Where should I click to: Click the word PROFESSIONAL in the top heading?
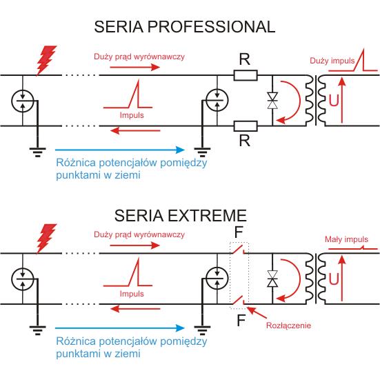tap(211, 27)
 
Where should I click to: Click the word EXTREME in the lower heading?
tap(207, 215)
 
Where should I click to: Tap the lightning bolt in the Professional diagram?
tap(46, 60)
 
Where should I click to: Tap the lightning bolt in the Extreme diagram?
tap(46, 239)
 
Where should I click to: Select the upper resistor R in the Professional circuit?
tap(246, 75)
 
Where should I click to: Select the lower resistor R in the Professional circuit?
tap(246, 126)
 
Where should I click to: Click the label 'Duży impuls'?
tap(332, 61)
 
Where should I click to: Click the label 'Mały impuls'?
tap(346, 239)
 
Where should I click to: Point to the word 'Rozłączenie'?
tap(288, 326)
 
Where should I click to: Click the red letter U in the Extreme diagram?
tap(334, 279)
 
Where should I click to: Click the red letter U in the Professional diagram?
tap(334, 100)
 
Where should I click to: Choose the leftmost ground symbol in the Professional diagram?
tap(37, 152)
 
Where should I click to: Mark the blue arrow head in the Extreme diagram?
tap(180, 328)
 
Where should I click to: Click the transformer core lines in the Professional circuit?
tap(317, 100)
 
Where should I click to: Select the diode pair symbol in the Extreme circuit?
tap(272, 279)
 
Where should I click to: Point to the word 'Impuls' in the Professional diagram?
tap(132, 115)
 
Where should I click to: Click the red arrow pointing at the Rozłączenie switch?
tap(257, 312)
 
